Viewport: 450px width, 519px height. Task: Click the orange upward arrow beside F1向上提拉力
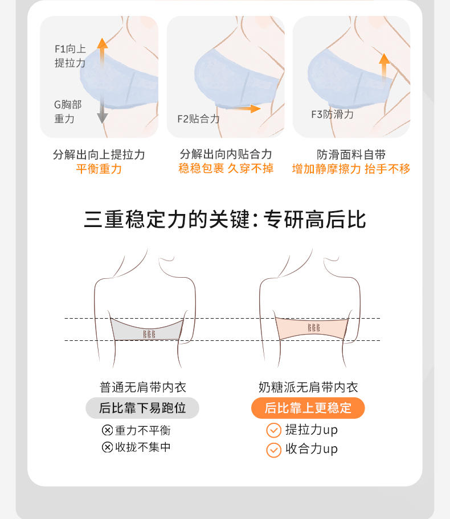tap(103, 53)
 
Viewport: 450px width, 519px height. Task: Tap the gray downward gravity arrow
tap(103, 109)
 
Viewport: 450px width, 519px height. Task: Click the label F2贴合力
tap(198, 119)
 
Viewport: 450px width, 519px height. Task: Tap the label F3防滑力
tap(332, 114)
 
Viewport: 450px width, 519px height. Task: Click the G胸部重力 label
tap(68, 112)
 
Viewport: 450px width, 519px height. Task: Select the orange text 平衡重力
tap(99, 169)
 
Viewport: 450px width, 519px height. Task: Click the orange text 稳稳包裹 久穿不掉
tap(226, 168)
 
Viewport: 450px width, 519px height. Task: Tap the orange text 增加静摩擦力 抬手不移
tap(351, 169)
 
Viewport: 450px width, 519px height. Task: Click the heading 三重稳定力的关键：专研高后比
tap(225, 219)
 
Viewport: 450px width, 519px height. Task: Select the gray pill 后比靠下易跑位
tap(142, 408)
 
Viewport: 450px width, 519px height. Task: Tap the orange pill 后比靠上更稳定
tap(308, 408)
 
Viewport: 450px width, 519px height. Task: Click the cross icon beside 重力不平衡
tap(107, 430)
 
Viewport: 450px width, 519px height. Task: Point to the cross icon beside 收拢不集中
tap(107, 447)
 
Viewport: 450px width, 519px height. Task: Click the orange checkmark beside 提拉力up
tap(274, 430)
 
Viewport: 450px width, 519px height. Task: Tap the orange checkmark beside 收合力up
tap(274, 450)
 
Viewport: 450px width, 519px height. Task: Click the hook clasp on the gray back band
tap(149, 334)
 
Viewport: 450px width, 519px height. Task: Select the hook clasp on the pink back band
tap(314, 328)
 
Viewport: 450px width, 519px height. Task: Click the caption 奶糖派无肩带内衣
tap(308, 387)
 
